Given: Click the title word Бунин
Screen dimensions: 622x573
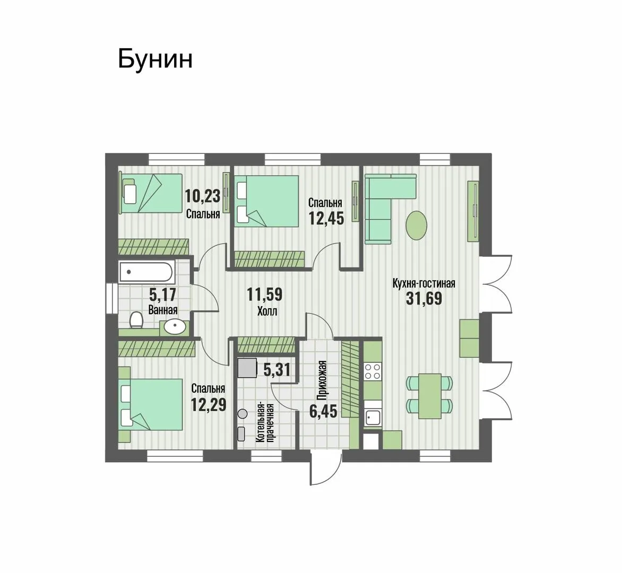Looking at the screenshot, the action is click(155, 59).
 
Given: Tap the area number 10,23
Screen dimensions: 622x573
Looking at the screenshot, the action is click(202, 196).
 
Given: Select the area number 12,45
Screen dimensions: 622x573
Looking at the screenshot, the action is click(326, 218).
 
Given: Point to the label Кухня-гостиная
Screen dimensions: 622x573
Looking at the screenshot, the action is click(424, 283).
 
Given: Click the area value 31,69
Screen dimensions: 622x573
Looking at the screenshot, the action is click(424, 299).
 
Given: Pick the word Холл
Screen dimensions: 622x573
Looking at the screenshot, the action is click(267, 311).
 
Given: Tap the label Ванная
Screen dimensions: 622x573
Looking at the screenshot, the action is click(162, 309).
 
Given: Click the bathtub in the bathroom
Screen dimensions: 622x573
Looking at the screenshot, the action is click(145, 272).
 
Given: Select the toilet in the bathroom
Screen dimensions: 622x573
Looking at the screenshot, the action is click(136, 319).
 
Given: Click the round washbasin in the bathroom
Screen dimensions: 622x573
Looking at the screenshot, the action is click(175, 327).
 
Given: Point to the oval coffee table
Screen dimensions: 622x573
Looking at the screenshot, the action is click(417, 224).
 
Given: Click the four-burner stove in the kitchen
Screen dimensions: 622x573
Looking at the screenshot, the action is click(373, 371).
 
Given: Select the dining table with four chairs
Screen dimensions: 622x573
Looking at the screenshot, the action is click(430, 396).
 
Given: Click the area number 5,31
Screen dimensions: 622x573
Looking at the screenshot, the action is click(277, 370).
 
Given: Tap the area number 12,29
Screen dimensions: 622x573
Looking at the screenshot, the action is click(208, 405).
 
